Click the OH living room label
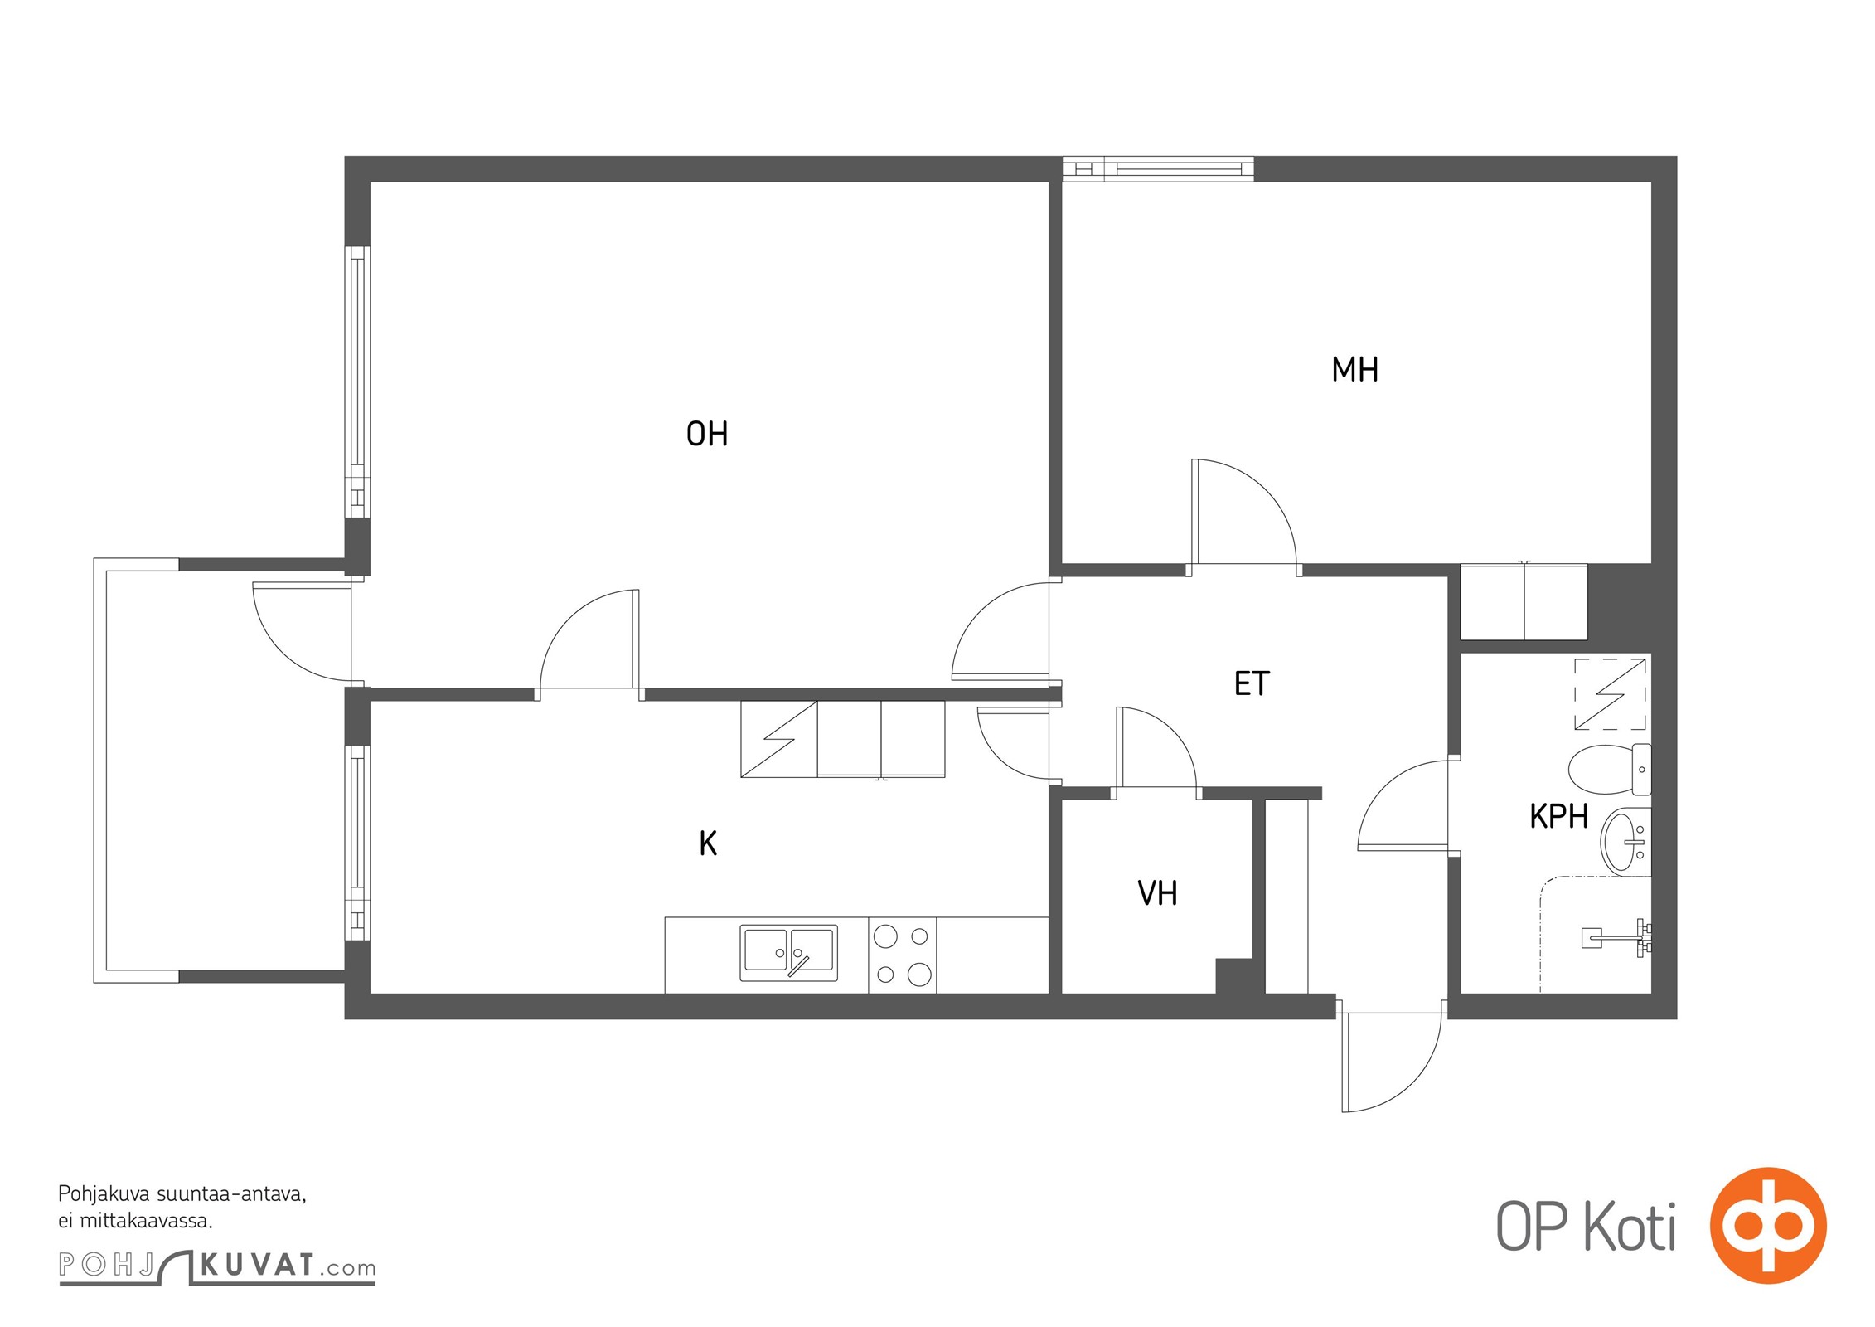707,434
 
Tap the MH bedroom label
1354,370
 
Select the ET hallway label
1252,683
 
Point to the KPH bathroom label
1558,817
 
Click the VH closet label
1157,893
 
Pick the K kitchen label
708,843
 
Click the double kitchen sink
788,953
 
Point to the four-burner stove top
902,955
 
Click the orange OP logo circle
1768,1224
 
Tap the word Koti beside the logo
1630,1226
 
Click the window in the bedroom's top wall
1159,169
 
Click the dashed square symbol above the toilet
1610,693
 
